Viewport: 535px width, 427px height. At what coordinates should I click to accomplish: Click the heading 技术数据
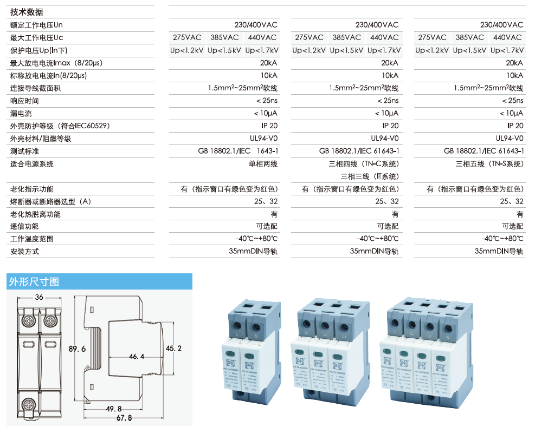click(x=27, y=12)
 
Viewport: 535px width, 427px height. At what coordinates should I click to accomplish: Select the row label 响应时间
click(x=24, y=101)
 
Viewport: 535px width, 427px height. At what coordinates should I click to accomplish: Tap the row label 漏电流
click(x=21, y=114)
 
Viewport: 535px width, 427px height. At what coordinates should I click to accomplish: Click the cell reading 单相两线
click(x=263, y=164)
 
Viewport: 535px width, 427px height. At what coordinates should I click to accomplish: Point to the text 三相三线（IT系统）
click(x=369, y=176)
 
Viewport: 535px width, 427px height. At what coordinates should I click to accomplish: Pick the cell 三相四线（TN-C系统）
click(x=364, y=164)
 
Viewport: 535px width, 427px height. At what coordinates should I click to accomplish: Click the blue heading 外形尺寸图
click(x=34, y=282)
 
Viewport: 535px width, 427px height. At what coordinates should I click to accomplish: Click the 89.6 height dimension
click(x=78, y=350)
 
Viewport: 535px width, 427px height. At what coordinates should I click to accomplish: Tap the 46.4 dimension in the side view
click(x=136, y=357)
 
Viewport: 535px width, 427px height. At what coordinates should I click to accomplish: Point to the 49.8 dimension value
click(x=114, y=409)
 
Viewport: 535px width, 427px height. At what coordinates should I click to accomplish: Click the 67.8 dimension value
click(x=124, y=418)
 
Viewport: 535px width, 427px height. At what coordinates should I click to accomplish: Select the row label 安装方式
click(x=24, y=252)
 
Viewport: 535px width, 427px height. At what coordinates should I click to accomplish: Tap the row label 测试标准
click(x=24, y=151)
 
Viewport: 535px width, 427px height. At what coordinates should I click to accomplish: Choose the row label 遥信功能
click(x=24, y=227)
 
